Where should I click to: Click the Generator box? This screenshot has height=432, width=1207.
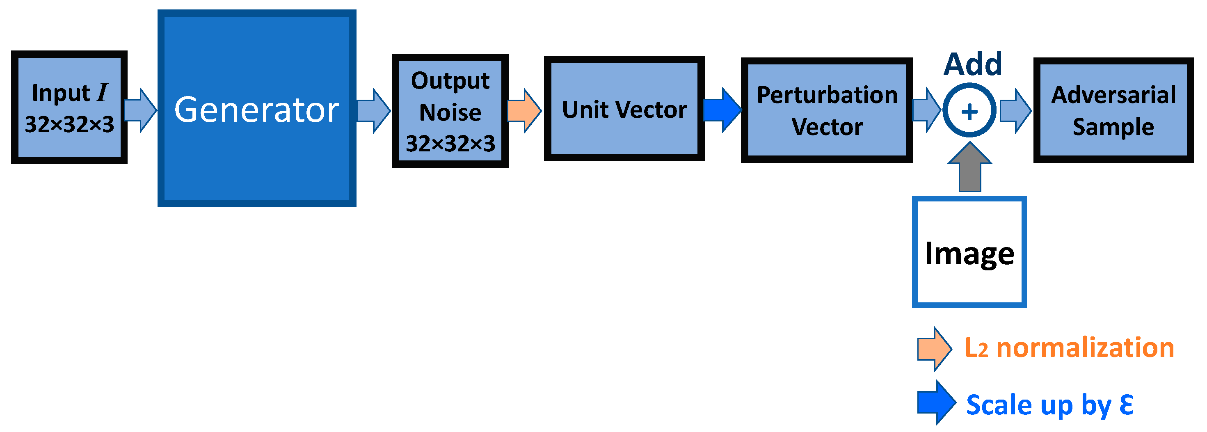(x=257, y=108)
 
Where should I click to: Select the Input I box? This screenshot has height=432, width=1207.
(x=69, y=107)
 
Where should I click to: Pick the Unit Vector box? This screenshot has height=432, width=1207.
(x=624, y=109)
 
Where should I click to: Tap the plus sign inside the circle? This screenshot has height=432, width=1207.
(x=969, y=112)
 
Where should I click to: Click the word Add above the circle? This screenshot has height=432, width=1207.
(x=973, y=64)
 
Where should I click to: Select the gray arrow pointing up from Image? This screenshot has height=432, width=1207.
(x=969, y=169)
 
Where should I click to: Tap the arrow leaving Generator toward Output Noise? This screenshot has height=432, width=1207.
(x=374, y=111)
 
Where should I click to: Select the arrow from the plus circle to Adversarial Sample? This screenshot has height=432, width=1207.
(x=1015, y=111)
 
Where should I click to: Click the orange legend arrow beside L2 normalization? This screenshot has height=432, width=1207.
(x=934, y=349)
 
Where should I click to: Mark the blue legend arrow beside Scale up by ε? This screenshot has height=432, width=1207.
(x=936, y=403)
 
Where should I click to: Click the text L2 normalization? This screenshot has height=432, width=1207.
(x=1069, y=348)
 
